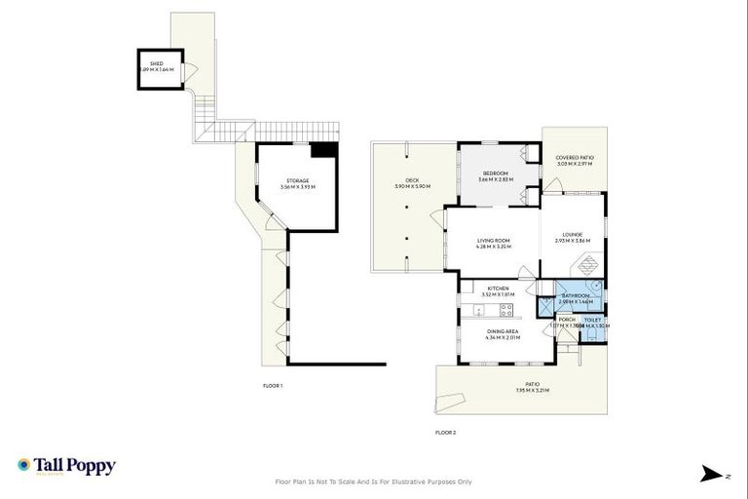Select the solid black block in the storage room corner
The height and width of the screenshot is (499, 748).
click(323, 150)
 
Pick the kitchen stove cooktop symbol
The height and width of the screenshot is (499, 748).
click(505, 311)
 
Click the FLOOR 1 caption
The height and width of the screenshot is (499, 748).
click(273, 386)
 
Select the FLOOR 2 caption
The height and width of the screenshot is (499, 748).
click(445, 432)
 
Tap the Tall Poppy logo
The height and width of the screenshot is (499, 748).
click(66, 466)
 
